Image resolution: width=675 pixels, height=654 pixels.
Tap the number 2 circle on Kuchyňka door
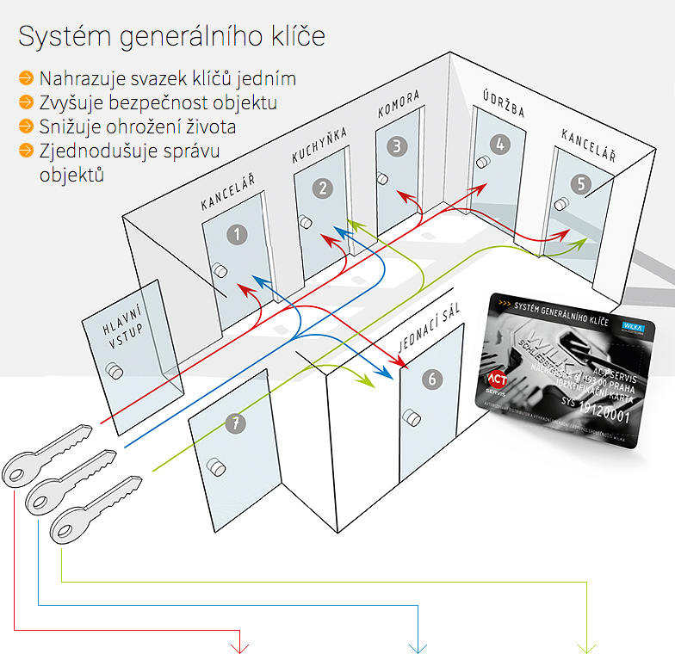(x=323, y=188)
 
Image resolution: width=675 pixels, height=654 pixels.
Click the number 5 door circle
(x=580, y=183)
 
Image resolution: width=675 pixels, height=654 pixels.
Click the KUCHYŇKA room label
(x=319, y=144)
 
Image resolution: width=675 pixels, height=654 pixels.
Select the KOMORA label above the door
(x=399, y=104)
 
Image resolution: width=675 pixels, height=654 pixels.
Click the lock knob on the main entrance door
(x=114, y=371)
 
